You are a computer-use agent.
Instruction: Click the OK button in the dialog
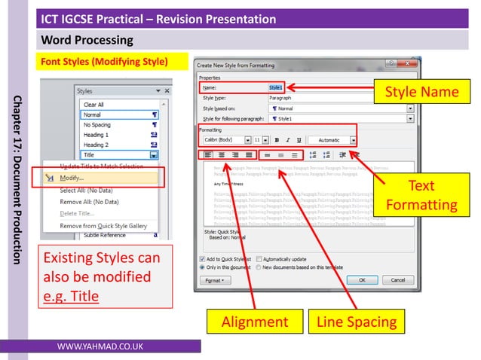362,279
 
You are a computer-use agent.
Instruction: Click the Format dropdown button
215,279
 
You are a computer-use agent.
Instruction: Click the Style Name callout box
421,93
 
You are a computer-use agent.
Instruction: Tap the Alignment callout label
254,322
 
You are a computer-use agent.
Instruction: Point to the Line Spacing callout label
357,322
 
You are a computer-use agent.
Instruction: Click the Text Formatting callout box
421,194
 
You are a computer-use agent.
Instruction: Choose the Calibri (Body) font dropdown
225,140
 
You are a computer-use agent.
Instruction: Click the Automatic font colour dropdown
332,140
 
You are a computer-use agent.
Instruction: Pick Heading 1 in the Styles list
97,134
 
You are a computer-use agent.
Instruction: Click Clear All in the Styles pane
94,105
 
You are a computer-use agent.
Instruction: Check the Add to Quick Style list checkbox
202,258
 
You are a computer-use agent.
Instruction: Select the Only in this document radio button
202,267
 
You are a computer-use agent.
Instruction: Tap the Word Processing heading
87,40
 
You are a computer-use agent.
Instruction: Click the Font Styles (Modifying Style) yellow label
103,61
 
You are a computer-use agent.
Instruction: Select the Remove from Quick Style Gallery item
103,225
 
